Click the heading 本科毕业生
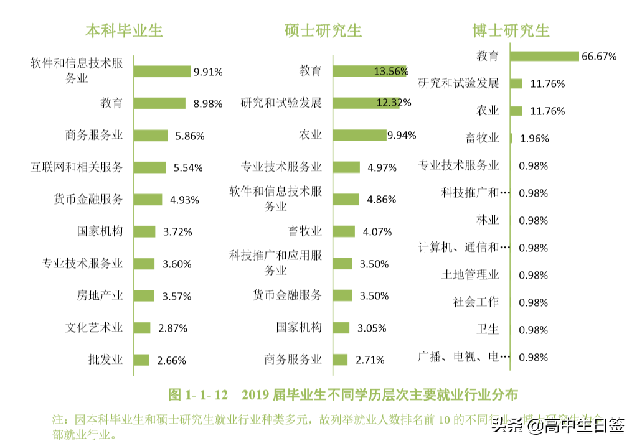(x=124, y=30)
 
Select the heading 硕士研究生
(x=323, y=30)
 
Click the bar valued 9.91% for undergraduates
(x=163, y=72)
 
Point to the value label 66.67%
(x=598, y=57)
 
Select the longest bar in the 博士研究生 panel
(x=544, y=56)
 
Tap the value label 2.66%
(x=171, y=360)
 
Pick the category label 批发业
(x=105, y=360)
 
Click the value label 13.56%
(x=390, y=72)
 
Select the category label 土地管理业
(x=470, y=275)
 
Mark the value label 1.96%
(x=534, y=139)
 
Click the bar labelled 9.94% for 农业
(x=359, y=135)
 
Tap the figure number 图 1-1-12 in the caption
(x=199, y=395)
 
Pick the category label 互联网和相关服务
(x=77, y=167)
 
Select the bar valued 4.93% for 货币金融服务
(x=148, y=200)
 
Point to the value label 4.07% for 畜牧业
(x=377, y=232)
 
